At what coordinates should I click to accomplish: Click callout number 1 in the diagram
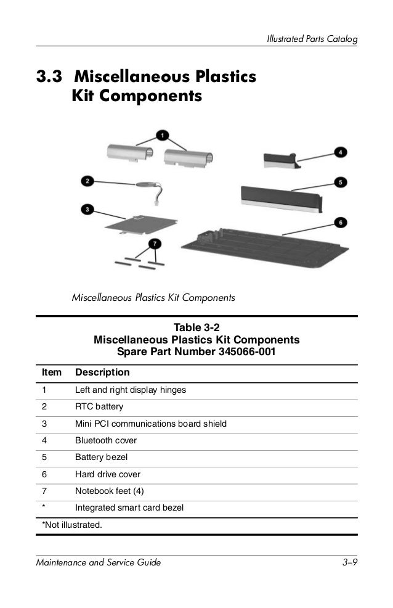161,134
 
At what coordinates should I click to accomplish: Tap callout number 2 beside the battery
87,181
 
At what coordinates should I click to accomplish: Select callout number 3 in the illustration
87,210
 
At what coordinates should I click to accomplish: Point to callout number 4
341,151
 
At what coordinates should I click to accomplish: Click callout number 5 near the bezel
341,182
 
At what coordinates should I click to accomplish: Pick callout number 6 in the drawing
341,221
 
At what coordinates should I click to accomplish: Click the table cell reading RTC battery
99,407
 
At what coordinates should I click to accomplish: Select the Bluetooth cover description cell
106,441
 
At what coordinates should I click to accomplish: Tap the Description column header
102,372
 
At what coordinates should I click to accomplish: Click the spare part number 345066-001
246,352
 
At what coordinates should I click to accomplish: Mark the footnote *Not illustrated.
71,525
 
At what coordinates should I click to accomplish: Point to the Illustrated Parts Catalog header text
312,39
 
